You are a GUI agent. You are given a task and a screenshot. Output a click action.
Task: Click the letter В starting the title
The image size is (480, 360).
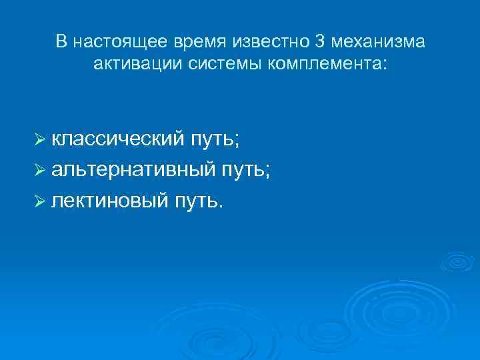61,43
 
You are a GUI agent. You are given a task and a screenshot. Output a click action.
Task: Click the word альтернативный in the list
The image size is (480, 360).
133,170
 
